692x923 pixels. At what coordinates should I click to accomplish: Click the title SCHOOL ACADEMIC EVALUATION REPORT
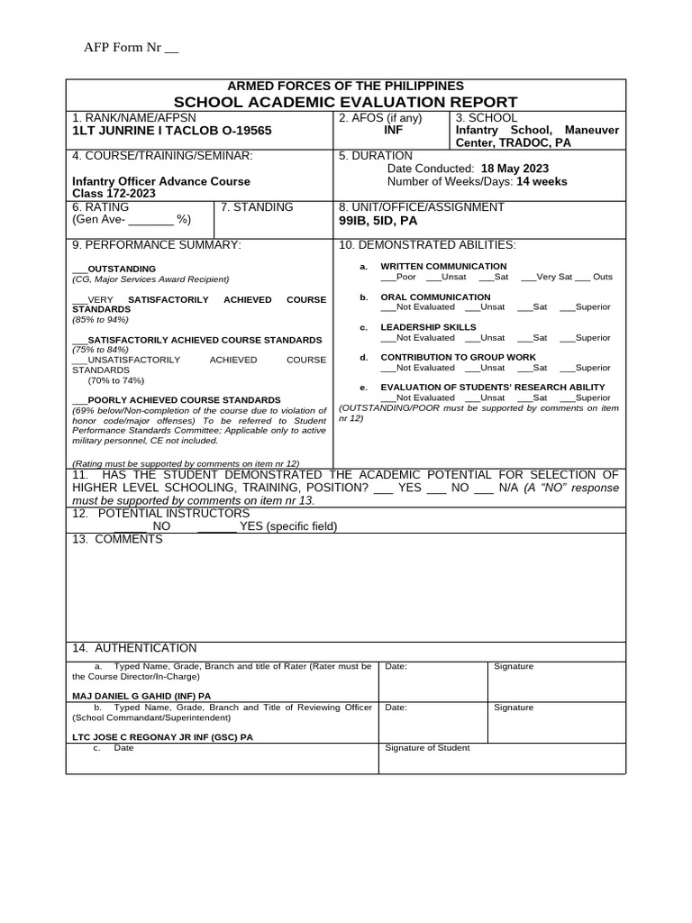pos(345,102)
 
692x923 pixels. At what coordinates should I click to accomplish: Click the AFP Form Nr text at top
pos(131,48)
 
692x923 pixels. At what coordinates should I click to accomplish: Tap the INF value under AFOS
pos(393,130)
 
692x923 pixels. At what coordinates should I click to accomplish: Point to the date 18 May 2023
pos(514,169)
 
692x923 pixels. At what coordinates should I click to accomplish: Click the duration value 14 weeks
pos(542,181)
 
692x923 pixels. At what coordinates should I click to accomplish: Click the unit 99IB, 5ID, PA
pos(378,220)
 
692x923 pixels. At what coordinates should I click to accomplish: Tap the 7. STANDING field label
pos(257,207)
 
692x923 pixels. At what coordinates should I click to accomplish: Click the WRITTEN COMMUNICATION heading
pos(443,266)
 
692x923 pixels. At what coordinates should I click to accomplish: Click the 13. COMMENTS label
pos(117,539)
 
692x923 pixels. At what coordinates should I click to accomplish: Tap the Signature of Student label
pos(427,748)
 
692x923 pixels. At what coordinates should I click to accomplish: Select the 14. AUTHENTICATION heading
pos(134,648)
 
